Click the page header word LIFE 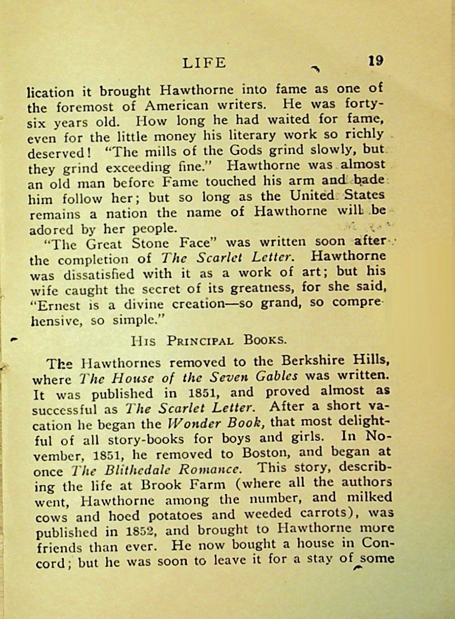point(204,63)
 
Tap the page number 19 point(376,61)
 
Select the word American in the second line point(174,105)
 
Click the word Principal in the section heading point(200,340)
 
